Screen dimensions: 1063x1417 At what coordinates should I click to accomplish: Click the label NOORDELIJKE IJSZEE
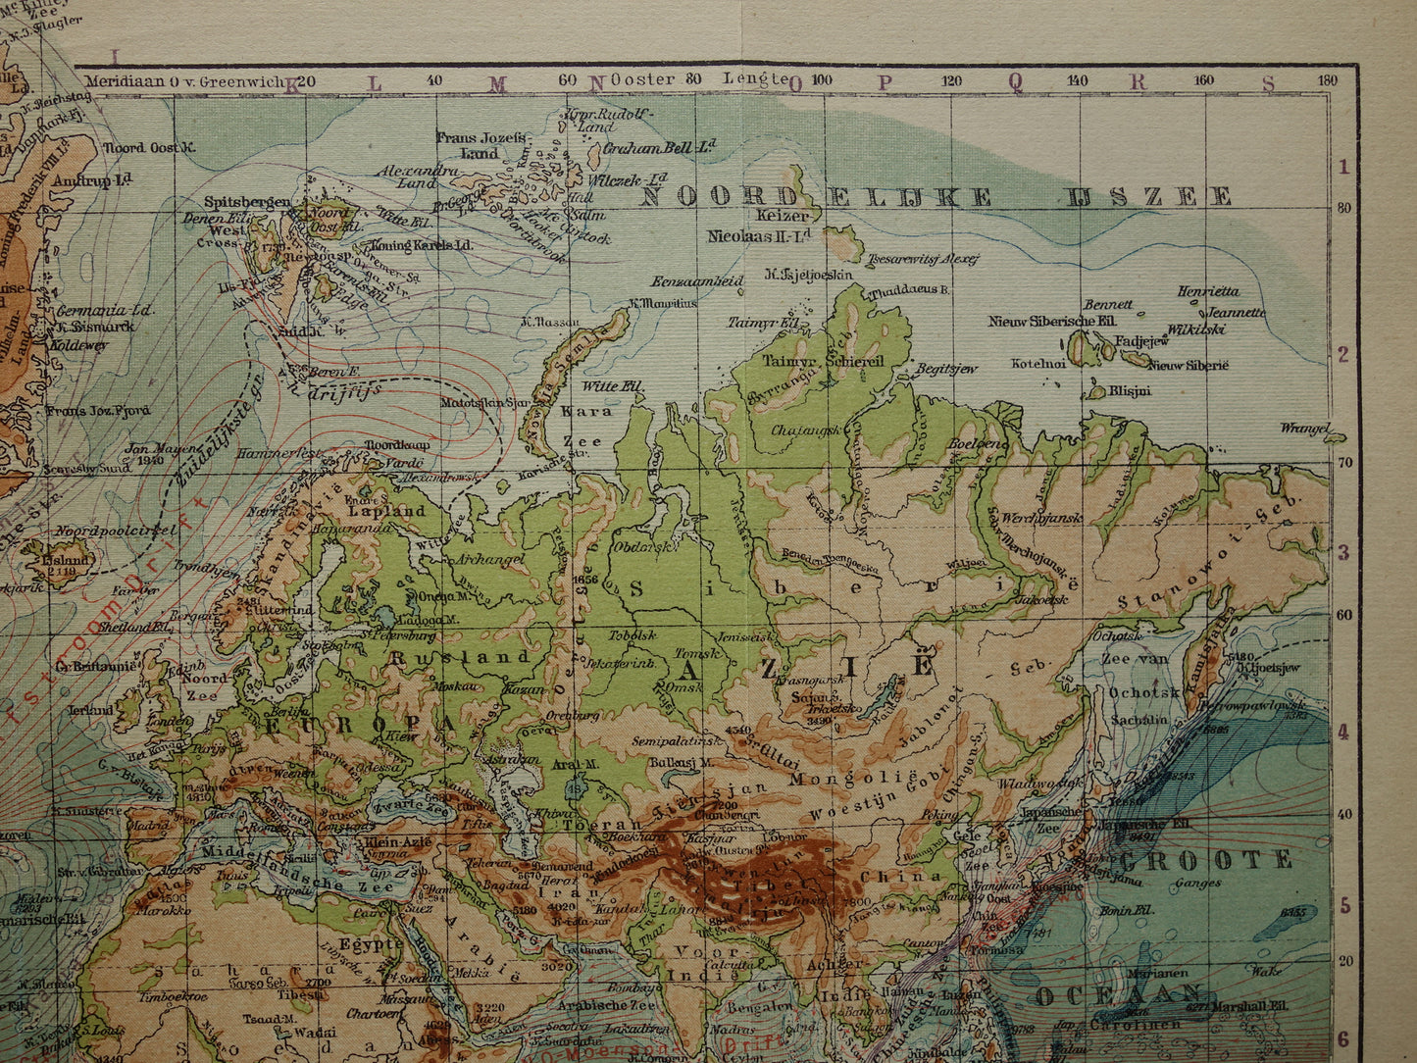coord(936,196)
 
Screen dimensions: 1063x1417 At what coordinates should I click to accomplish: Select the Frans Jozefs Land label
coord(481,146)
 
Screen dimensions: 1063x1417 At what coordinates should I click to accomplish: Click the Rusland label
coord(460,657)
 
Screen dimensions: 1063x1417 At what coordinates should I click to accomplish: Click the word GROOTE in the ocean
coord(1207,861)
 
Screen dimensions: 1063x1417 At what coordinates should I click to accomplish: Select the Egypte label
coord(370,944)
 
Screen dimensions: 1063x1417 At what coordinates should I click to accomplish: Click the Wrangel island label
coord(1305,428)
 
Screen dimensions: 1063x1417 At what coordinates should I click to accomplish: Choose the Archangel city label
coord(486,559)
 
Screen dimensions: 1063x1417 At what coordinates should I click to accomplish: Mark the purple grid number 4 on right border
coord(1343,732)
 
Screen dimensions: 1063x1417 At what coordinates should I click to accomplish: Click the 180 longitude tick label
coord(1328,80)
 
